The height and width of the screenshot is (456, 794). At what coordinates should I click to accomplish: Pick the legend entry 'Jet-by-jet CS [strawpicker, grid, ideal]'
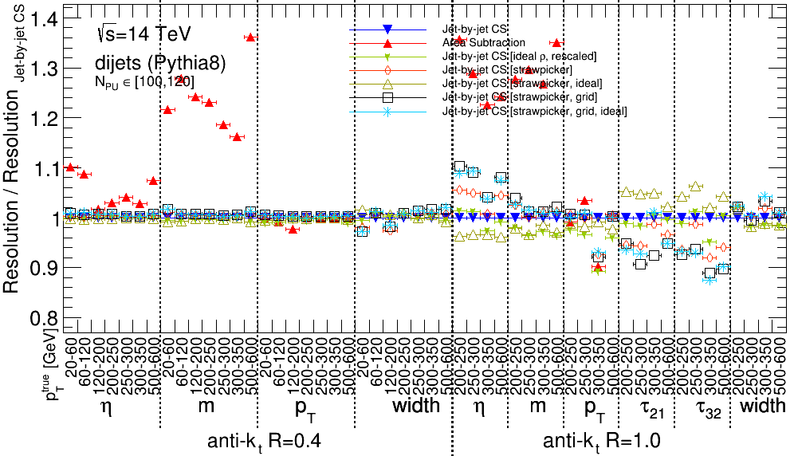(x=535, y=111)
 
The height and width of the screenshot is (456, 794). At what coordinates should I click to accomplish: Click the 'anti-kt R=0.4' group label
(x=265, y=441)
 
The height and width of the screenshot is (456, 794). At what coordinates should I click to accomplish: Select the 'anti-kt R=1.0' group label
(x=601, y=441)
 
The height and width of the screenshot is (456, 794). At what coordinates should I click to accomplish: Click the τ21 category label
(x=650, y=407)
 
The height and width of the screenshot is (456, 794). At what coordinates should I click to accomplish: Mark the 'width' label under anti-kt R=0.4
(x=415, y=405)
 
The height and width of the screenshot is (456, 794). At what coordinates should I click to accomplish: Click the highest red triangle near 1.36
(x=250, y=37)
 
